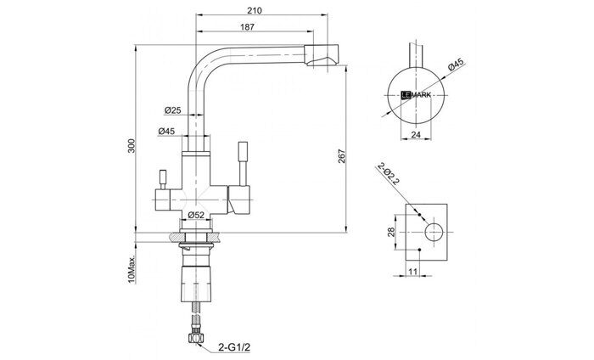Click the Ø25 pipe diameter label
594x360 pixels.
(175, 111)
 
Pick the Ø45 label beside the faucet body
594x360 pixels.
(166, 131)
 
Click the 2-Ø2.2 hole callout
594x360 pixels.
(386, 179)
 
